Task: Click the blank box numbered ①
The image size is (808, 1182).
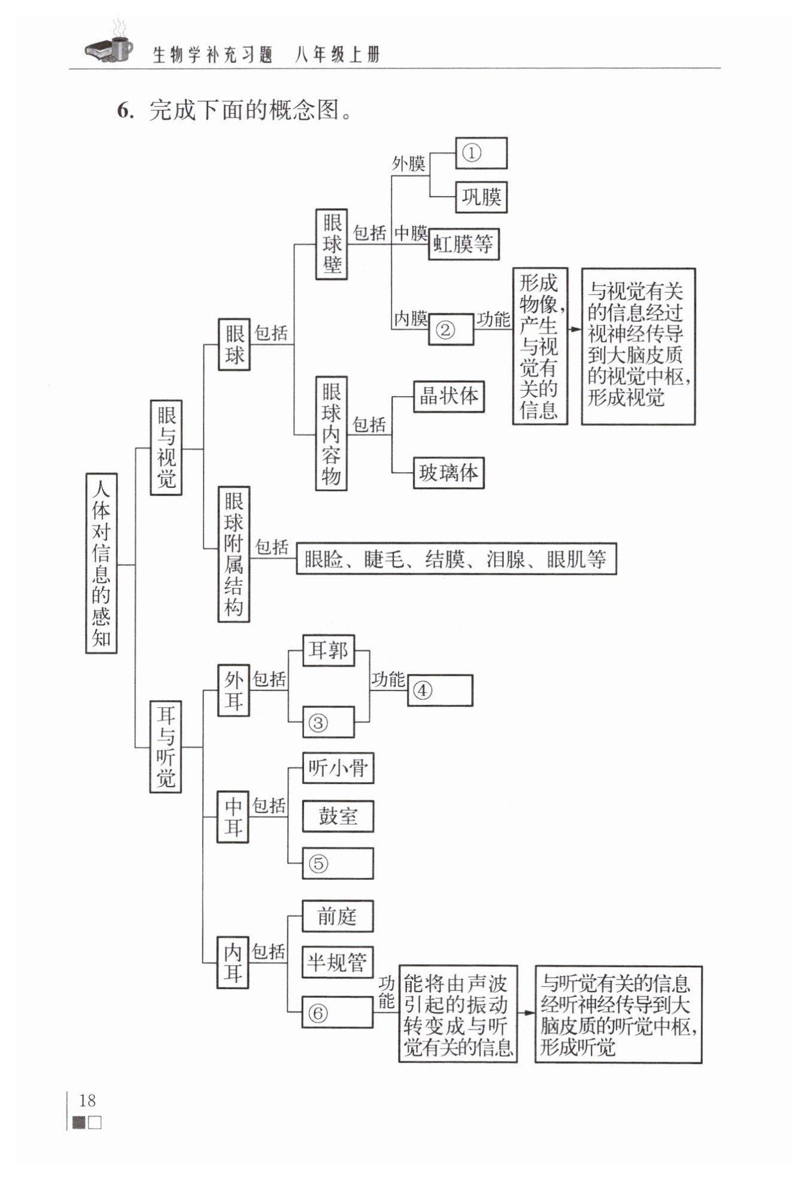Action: pyautogui.click(x=481, y=153)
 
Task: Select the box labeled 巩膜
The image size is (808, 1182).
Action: pyautogui.click(x=481, y=197)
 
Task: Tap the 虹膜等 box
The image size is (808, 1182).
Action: pyautogui.click(x=463, y=244)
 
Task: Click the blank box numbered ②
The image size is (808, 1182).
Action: pyautogui.click(x=451, y=329)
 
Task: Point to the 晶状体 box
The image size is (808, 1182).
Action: pyautogui.click(x=449, y=396)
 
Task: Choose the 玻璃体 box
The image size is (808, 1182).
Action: pyautogui.click(x=449, y=473)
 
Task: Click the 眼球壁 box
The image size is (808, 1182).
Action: pyautogui.click(x=332, y=244)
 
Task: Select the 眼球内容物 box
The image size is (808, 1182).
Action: pyautogui.click(x=332, y=433)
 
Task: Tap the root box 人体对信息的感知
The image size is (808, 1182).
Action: pyautogui.click(x=101, y=563)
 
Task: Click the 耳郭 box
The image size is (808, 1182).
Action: pyautogui.click(x=329, y=651)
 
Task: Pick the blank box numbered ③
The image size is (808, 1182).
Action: pyautogui.click(x=329, y=722)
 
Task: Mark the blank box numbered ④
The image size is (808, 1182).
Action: pyautogui.click(x=440, y=691)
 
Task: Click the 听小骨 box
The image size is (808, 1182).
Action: pyautogui.click(x=338, y=768)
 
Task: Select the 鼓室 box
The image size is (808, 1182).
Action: pyautogui.click(x=338, y=816)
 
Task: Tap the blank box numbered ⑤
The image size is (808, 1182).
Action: pyautogui.click(x=338, y=863)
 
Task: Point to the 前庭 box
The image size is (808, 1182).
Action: pyautogui.click(x=338, y=916)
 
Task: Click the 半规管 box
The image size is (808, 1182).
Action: pyautogui.click(x=338, y=962)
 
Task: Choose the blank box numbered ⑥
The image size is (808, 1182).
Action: pyautogui.click(x=338, y=1012)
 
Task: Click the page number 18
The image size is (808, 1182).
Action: pyautogui.click(x=87, y=1100)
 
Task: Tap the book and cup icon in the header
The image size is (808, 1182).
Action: pyautogui.click(x=109, y=43)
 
